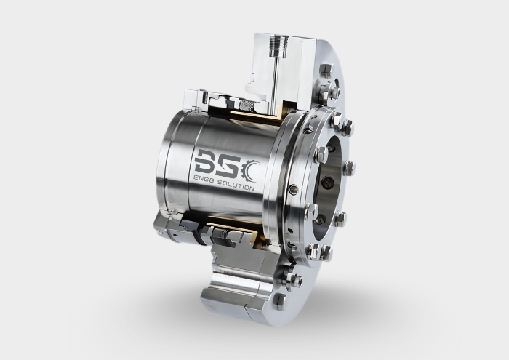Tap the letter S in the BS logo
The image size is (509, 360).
[227, 164]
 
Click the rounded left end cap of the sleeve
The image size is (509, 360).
[166, 175]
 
